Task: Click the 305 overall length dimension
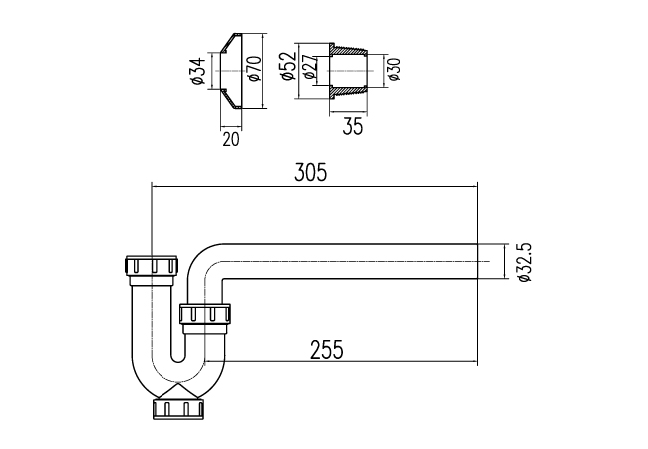[x=311, y=172]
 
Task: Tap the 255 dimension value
[x=326, y=349]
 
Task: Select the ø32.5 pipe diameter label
[x=524, y=261]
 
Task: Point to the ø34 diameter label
[x=198, y=72]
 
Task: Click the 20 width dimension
[x=230, y=139]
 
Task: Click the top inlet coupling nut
[x=151, y=266]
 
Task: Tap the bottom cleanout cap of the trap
[x=179, y=408]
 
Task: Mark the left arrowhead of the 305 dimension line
[x=153, y=186]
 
